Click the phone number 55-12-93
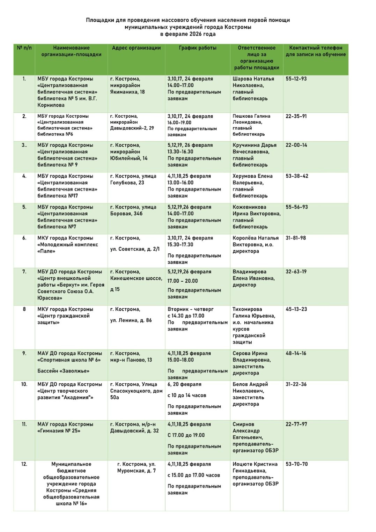click(296, 79)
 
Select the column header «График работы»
click(198, 48)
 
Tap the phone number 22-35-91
click(296, 116)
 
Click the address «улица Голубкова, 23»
click(133, 179)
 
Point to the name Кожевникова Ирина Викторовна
click(256, 210)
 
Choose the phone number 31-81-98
click(296, 238)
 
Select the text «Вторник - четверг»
click(190, 309)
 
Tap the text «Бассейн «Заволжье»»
click(63, 371)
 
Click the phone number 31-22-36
click(296, 384)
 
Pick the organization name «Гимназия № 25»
click(59, 431)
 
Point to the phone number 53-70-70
click(297, 464)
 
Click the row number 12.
click(24, 464)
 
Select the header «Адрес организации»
click(136, 48)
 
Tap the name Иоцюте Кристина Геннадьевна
click(255, 467)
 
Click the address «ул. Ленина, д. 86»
click(131, 320)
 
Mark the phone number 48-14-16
click(296, 354)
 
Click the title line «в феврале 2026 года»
click(188, 34)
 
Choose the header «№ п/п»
click(24, 48)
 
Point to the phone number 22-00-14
click(296, 145)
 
